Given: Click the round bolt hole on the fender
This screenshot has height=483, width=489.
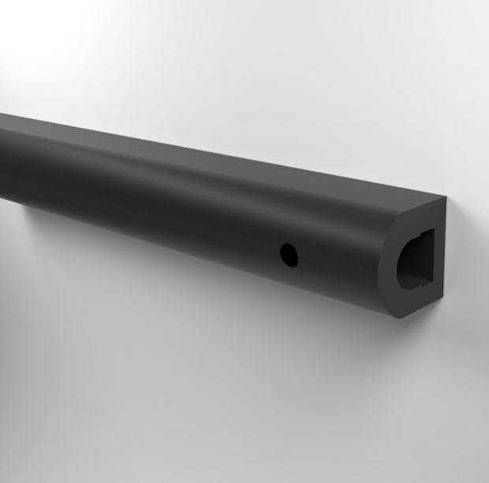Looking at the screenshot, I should pyautogui.click(x=289, y=253).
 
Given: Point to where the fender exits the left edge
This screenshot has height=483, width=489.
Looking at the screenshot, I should pyautogui.click(x=3, y=158).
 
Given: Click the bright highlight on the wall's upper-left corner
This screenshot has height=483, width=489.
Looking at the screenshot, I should pyautogui.click(x=32, y=32).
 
